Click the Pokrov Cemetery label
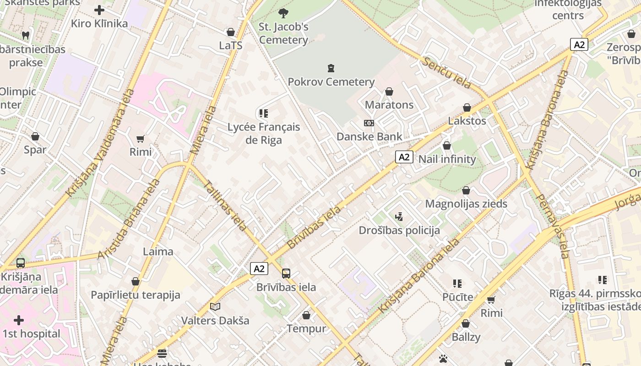coord(331,82)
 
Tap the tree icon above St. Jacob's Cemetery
coord(283,13)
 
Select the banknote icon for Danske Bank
coord(369,123)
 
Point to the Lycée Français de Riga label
coord(264,133)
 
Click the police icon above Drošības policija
coord(399,216)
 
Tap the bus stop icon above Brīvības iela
coord(286,274)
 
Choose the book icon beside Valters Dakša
coord(215,307)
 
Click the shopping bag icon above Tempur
coord(306,315)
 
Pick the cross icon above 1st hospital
coord(19,320)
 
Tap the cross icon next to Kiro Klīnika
coord(99,10)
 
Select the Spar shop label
coord(35,150)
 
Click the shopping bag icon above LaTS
coord(231,32)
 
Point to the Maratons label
coord(389,105)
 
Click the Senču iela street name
coord(447,73)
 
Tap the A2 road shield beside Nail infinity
coord(404,157)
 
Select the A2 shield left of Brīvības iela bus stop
coord(259,269)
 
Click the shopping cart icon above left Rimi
coord(141,139)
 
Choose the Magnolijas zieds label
coord(466,204)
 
